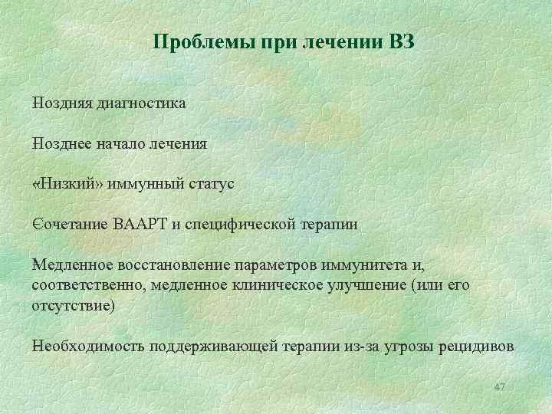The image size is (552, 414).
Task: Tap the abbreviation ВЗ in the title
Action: [x=400, y=42]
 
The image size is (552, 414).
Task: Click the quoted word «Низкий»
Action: [x=69, y=184]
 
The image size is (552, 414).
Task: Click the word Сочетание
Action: [x=70, y=225]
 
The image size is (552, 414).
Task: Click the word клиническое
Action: [x=260, y=286]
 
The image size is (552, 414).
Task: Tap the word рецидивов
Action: [x=475, y=346]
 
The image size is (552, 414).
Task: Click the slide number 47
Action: [x=499, y=386]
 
